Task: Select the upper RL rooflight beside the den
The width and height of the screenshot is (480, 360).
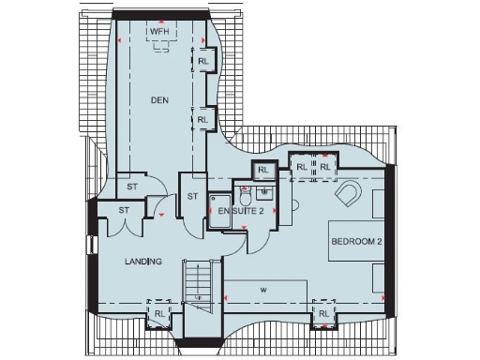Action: (x=203, y=62)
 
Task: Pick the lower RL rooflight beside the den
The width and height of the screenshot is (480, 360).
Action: (x=203, y=120)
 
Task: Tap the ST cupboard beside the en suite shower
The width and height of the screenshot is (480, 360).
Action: (x=192, y=196)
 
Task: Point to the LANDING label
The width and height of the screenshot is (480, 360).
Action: (x=143, y=262)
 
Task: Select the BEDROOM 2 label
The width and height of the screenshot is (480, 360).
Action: (x=356, y=242)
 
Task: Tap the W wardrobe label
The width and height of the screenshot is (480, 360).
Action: (x=263, y=290)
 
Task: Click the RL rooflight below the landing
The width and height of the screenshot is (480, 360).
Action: (x=159, y=313)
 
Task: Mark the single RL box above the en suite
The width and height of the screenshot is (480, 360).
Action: (x=263, y=171)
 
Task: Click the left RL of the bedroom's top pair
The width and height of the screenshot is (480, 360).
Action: (x=302, y=167)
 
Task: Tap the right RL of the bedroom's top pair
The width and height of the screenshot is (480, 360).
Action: (x=324, y=167)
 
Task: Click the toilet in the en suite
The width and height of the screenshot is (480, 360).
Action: (x=245, y=198)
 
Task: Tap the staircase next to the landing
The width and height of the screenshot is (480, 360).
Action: (x=199, y=281)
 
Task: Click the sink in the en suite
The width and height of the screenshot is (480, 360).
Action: (x=265, y=193)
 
